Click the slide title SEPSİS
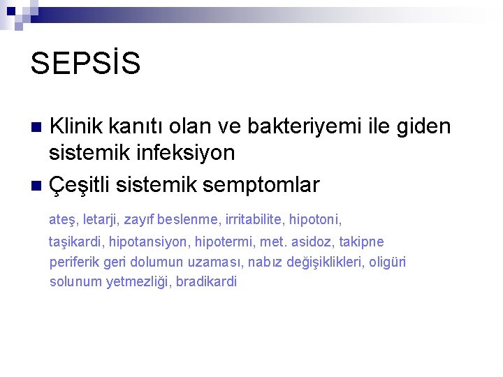85,63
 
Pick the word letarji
101,220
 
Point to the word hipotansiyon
150,242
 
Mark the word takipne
360,242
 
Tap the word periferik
75,263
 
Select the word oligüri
386,262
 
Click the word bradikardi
207,282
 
